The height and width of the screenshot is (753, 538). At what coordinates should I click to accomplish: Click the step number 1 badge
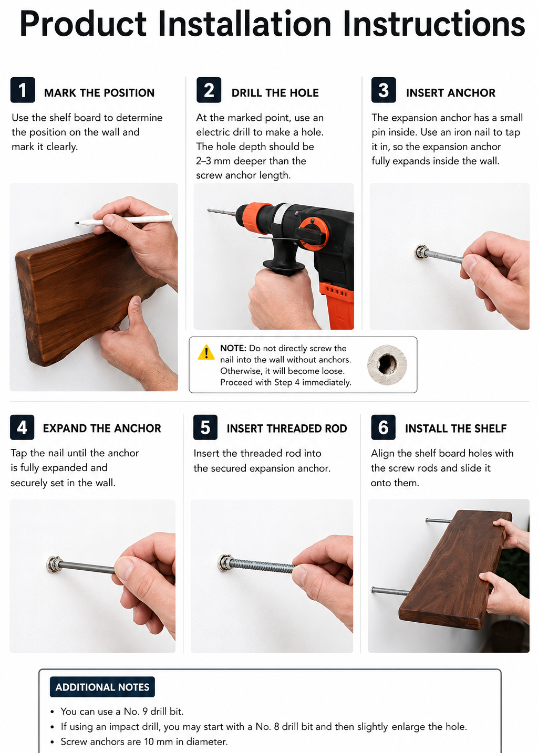(x=23, y=90)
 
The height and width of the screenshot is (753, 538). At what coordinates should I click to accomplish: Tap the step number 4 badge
(x=22, y=427)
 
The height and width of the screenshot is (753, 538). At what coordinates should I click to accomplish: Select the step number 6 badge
(x=383, y=427)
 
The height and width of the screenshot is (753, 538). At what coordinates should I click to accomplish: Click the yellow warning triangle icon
(x=206, y=353)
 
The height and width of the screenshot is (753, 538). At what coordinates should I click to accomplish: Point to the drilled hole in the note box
(x=387, y=364)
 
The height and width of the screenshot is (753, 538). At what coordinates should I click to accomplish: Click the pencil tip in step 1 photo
(x=76, y=223)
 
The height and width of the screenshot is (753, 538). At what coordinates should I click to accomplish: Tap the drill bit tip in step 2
(x=209, y=211)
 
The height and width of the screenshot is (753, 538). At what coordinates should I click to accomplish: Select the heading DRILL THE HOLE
(x=275, y=93)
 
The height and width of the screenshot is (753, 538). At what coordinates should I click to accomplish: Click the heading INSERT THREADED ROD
(x=287, y=428)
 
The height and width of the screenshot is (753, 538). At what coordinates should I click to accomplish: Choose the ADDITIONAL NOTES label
(x=102, y=687)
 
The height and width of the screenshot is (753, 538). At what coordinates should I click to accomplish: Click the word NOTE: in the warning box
(x=233, y=348)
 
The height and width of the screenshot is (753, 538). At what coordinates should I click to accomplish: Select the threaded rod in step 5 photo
(x=262, y=565)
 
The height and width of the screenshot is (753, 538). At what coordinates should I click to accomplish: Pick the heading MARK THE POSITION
(x=99, y=93)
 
